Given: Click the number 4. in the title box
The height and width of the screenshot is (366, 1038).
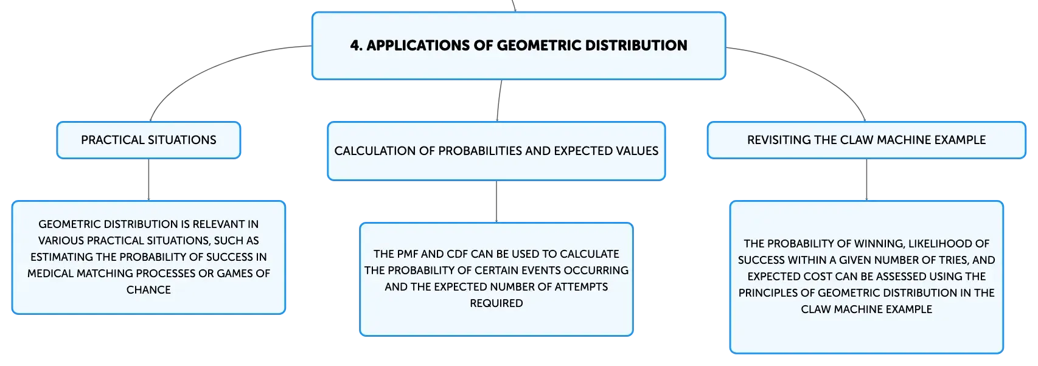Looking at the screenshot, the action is tap(357, 46).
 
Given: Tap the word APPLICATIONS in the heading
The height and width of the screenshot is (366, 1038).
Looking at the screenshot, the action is tap(419, 46).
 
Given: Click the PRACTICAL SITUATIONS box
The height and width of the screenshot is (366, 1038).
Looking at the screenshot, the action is tap(148, 140).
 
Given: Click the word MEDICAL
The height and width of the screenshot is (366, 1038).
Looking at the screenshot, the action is tap(50, 274).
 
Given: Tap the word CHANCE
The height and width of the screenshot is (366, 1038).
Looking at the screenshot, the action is tap(148, 290).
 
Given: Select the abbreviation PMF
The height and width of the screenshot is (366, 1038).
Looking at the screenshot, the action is tap(408, 254).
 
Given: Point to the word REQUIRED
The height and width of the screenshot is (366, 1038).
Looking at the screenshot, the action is tap(496, 303).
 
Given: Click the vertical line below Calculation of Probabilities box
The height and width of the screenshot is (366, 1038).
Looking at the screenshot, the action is tap(496, 201).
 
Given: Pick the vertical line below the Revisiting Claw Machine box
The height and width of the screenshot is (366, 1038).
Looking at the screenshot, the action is tap(866, 180).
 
